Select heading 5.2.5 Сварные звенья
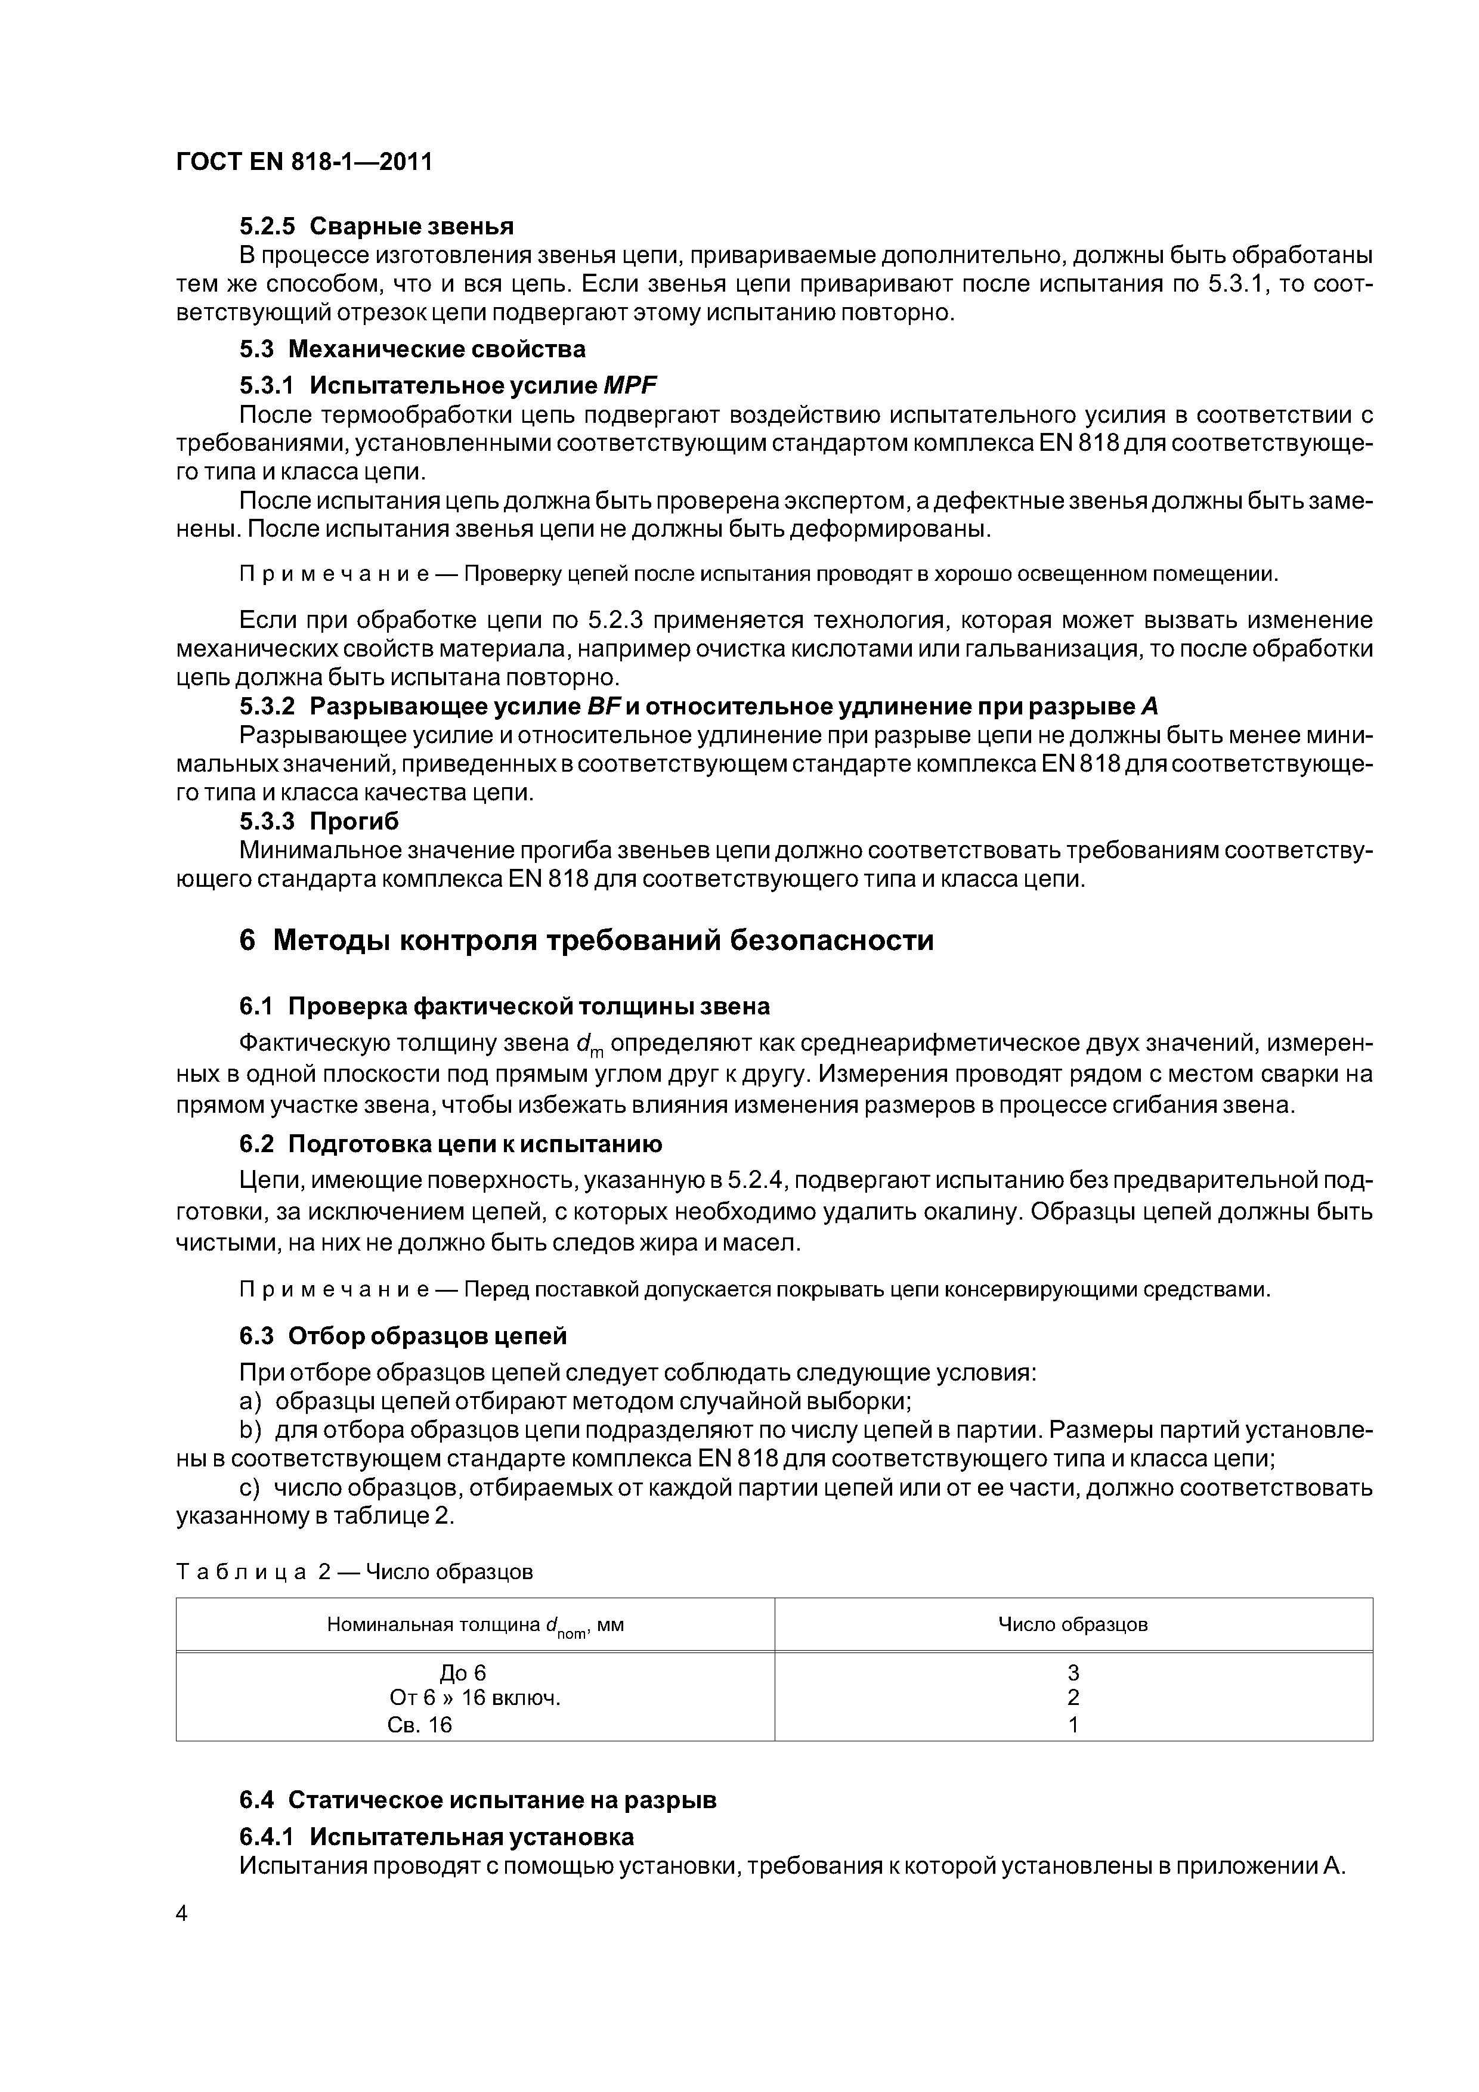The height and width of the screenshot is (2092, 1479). [376, 226]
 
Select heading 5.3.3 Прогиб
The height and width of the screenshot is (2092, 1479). [319, 821]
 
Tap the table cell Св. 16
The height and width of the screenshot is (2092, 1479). [419, 1724]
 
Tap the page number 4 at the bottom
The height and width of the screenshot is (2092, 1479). [181, 1914]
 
